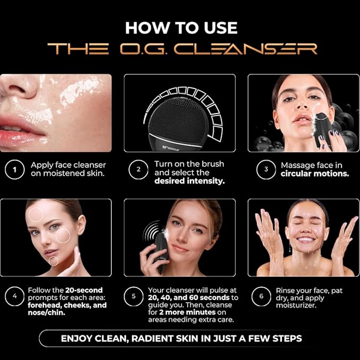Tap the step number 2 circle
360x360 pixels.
point(138,170)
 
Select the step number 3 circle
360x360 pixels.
point(262,170)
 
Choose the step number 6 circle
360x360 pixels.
point(262,296)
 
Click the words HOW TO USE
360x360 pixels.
point(181,28)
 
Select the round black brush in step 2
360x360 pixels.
point(179,121)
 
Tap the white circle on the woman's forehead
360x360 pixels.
point(36,214)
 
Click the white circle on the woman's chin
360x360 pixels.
point(54,261)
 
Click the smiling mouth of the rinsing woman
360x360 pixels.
point(305,240)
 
